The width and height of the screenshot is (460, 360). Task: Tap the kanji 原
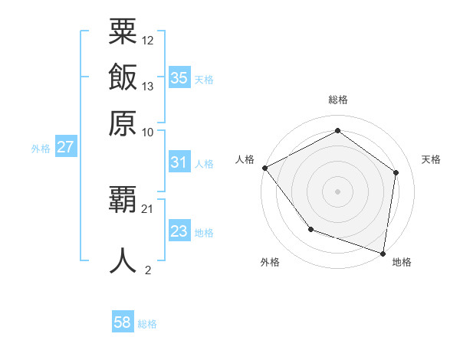pyautogui.click(x=123, y=123)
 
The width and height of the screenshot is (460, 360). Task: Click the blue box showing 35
pyautogui.click(x=179, y=78)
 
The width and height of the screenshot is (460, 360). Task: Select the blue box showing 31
pyautogui.click(x=179, y=162)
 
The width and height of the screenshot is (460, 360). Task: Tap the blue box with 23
pyautogui.click(x=179, y=231)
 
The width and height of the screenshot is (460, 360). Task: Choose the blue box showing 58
pyautogui.click(x=123, y=322)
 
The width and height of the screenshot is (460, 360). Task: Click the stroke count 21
pyautogui.click(x=148, y=208)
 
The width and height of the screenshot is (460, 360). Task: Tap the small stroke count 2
pyautogui.click(x=148, y=269)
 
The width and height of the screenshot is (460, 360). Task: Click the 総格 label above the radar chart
pyautogui.click(x=338, y=100)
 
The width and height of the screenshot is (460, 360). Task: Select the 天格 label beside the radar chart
pyautogui.click(x=432, y=159)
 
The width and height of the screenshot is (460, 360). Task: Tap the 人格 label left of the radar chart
pyautogui.click(x=245, y=159)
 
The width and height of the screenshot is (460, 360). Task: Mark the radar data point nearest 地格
pyautogui.click(x=383, y=253)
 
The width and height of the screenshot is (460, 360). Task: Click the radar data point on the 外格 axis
pyautogui.click(x=310, y=229)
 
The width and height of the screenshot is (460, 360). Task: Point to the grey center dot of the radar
pyautogui.click(x=338, y=191)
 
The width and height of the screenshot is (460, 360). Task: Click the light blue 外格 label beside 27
pyautogui.click(x=41, y=149)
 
